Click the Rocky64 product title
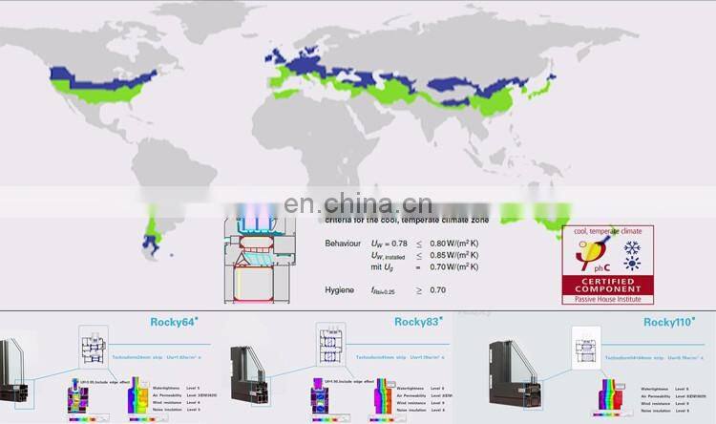[x=175, y=322]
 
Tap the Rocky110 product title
[x=667, y=322]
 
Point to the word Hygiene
[x=342, y=288]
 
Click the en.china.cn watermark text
[x=358, y=203]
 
